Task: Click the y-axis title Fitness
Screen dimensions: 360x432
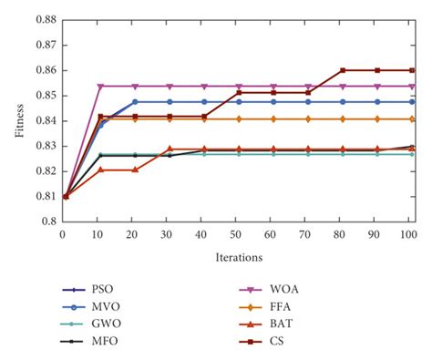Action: click(x=19, y=119)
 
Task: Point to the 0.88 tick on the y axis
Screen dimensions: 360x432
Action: click(x=44, y=19)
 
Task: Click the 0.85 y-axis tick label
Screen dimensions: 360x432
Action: click(x=44, y=95)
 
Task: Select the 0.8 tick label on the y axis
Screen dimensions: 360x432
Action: click(x=46, y=221)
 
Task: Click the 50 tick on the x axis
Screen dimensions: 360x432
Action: click(x=236, y=234)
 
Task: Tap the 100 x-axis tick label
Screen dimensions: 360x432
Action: click(x=411, y=234)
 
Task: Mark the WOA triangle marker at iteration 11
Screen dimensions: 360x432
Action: click(x=100, y=87)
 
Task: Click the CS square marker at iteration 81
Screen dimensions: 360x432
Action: click(x=343, y=70)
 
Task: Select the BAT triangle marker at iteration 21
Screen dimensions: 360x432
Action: click(x=135, y=170)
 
